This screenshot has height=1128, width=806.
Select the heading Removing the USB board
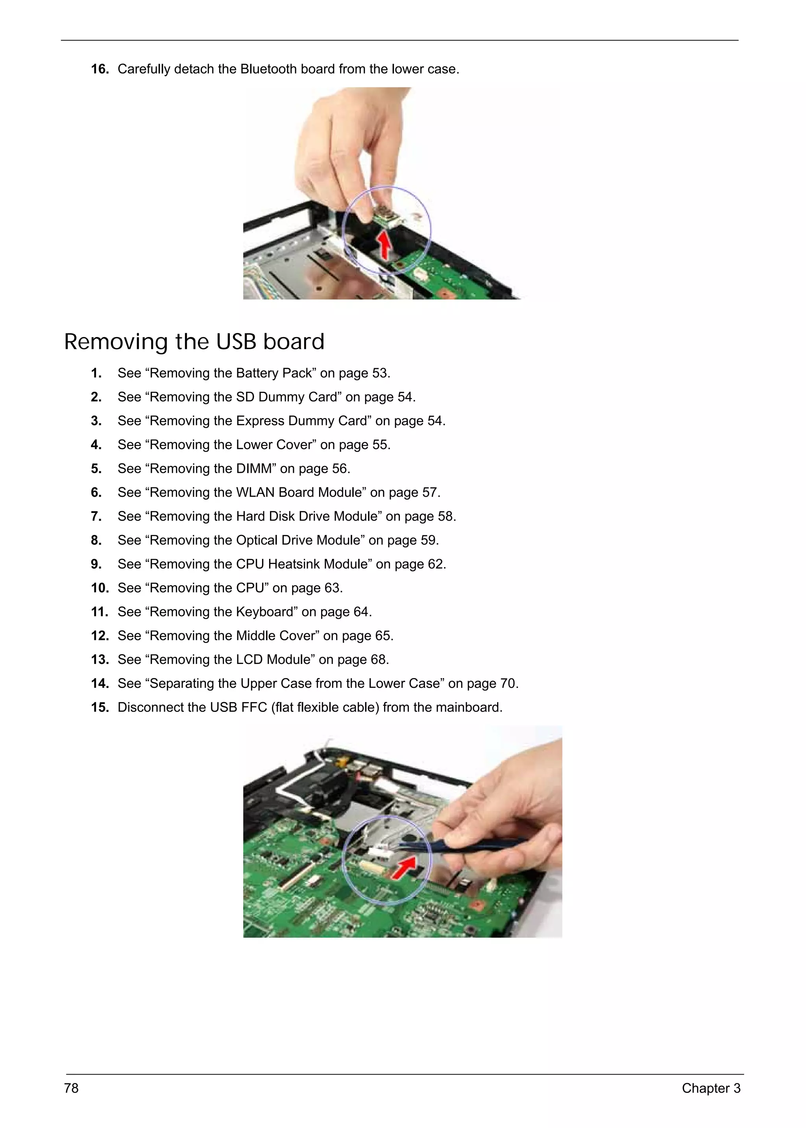(194, 342)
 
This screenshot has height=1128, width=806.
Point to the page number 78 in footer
(72, 1088)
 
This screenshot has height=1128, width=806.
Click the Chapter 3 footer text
(711, 1088)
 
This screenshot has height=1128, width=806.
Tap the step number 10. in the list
(100, 588)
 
